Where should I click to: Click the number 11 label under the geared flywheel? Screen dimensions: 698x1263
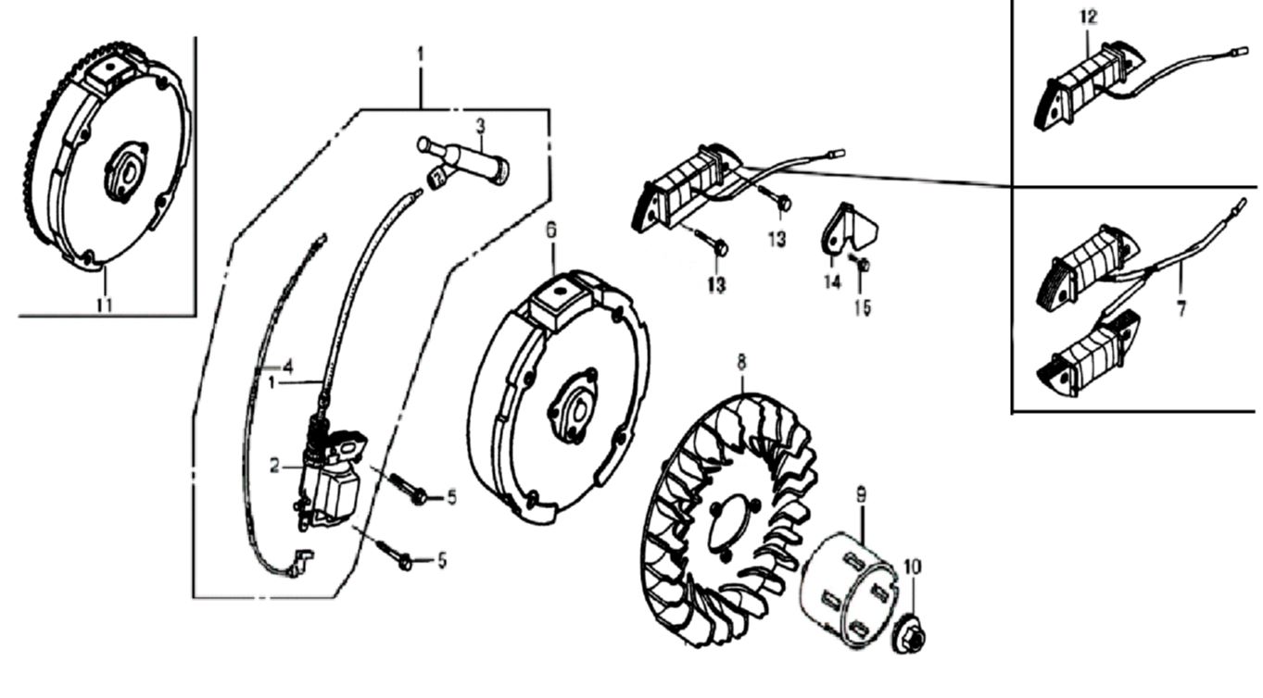[105, 303]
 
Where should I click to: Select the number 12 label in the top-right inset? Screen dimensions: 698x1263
[1088, 17]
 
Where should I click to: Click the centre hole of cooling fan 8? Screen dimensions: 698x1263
[727, 530]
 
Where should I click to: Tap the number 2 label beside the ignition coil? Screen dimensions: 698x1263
[275, 467]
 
